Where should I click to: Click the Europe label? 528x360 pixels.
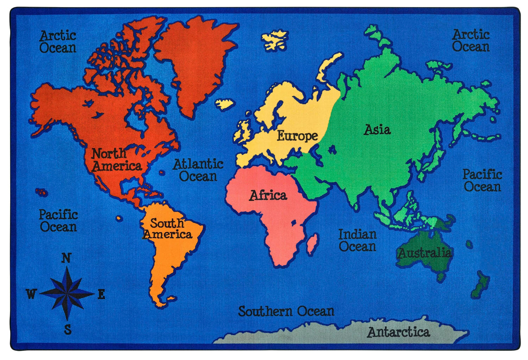pos(297,136)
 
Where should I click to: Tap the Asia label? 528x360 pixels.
pos(377,129)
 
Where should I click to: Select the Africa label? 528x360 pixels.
pos(268,195)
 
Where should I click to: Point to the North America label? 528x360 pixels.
pos(116,160)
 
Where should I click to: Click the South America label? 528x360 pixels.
pos(167,228)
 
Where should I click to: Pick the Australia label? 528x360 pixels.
pos(424,253)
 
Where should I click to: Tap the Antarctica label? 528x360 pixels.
pos(398,332)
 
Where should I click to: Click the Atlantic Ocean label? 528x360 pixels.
pos(198,170)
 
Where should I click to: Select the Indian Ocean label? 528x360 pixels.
pos(357,240)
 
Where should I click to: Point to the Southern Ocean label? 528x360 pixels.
pos(286,312)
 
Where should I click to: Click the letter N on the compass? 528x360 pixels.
pos(66,258)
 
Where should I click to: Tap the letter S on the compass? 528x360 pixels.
pos(67,329)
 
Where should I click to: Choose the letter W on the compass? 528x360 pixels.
pos(31,294)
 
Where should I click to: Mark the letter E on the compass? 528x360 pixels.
pos(101,294)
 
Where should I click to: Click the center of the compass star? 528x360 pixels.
pos(67,293)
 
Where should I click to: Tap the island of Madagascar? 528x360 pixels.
pos(312,244)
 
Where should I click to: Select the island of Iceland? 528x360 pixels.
pos(224,104)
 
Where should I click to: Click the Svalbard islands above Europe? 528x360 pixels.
pos(275,40)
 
